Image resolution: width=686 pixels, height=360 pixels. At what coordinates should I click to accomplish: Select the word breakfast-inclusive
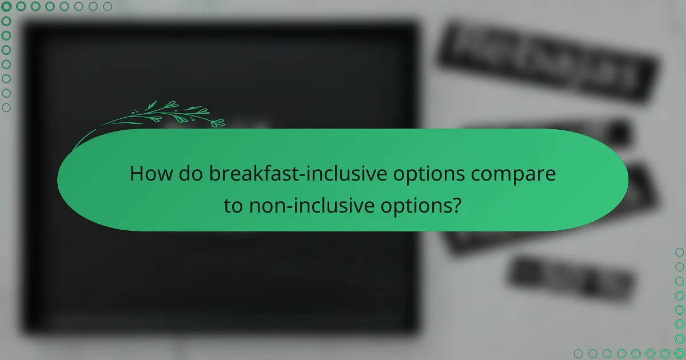tap(305, 174)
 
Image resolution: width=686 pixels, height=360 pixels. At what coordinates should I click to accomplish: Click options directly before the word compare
tap(436, 174)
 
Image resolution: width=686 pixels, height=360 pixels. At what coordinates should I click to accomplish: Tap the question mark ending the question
tap(457, 206)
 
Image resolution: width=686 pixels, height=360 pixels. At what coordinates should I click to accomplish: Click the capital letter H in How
tap(137, 174)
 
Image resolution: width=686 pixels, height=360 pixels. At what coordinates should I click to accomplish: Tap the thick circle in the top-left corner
tap(6, 6)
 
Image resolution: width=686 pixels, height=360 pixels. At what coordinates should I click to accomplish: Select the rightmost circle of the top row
tap(107, 6)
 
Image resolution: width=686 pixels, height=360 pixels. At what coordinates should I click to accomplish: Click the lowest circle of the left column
tap(6, 107)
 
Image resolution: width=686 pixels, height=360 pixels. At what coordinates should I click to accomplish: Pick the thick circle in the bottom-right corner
tap(680, 354)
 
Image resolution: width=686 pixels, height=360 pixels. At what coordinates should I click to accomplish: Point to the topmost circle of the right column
tap(680, 252)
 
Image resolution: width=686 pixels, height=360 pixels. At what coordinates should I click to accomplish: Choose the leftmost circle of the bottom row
tap(578, 354)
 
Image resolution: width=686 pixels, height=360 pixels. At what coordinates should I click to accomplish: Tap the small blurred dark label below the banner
tap(572, 279)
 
